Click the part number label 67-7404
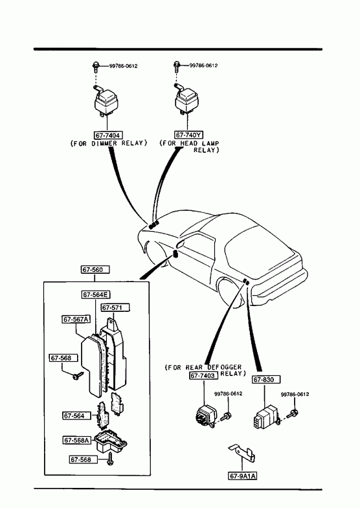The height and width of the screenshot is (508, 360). [108, 135]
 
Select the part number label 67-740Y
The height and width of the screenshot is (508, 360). [189, 135]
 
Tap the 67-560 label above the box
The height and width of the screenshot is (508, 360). [95, 270]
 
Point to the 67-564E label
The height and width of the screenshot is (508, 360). [96, 294]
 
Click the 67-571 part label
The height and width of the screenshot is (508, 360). [115, 307]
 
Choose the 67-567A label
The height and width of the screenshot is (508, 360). [76, 320]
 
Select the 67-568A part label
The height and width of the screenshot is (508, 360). [77, 440]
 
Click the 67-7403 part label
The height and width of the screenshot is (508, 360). [203, 375]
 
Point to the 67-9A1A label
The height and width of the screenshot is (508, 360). [243, 476]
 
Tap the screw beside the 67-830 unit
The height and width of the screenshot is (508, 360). [293, 414]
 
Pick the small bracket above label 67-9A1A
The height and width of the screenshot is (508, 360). [243, 452]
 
